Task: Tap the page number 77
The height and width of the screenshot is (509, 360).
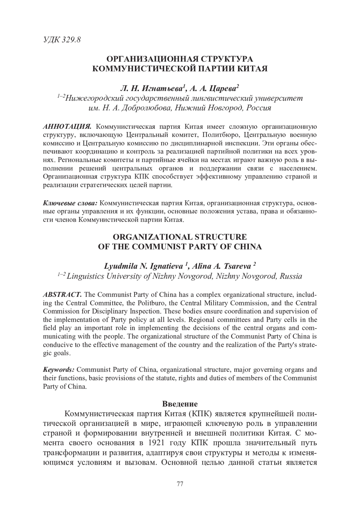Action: tap(180, 484)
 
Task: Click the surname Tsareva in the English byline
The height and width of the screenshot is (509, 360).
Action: tap(238, 266)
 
